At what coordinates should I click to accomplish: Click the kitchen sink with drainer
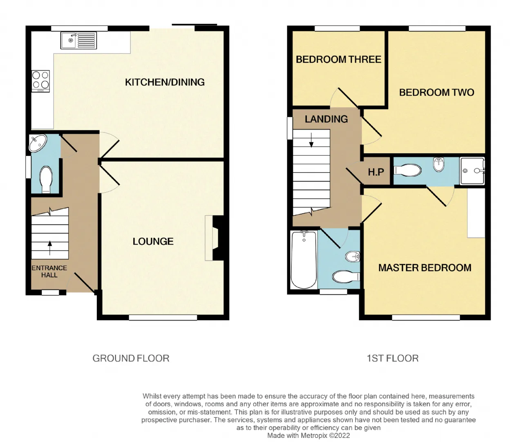click(78, 40)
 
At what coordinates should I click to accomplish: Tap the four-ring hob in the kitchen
click(40, 81)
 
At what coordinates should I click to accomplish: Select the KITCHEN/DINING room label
click(165, 82)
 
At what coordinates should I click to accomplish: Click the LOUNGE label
click(153, 241)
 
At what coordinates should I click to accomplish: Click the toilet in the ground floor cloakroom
click(46, 180)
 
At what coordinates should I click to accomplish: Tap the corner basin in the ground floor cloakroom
click(38, 143)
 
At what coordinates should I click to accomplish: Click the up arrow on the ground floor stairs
click(50, 248)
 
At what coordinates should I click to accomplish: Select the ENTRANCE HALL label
click(49, 271)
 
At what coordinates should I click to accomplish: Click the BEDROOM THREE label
click(339, 60)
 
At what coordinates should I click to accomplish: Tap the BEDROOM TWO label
click(437, 92)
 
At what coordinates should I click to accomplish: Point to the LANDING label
click(326, 119)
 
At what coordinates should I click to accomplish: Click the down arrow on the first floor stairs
click(311, 140)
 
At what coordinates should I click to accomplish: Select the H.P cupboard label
click(376, 172)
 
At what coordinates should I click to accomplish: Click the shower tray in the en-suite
click(472, 171)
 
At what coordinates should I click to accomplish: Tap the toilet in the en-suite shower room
click(407, 171)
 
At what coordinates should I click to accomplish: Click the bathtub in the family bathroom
click(304, 260)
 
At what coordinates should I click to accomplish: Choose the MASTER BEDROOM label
click(425, 268)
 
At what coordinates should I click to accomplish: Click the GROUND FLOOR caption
click(131, 359)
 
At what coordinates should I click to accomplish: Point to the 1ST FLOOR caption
click(393, 359)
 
